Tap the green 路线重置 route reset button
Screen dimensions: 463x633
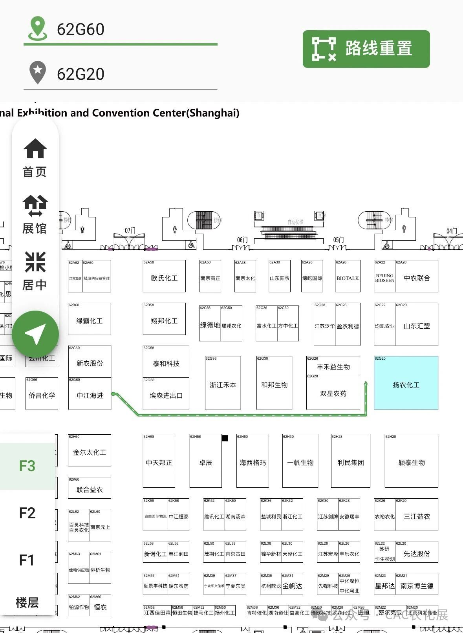click(x=366, y=49)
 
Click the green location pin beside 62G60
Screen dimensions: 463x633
click(x=38, y=28)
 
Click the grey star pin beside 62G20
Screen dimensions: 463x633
click(x=38, y=73)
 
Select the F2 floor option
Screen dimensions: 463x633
click(x=27, y=513)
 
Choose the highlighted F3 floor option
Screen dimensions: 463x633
click(x=27, y=466)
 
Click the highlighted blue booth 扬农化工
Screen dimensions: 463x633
click(x=406, y=383)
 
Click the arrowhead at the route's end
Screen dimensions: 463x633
click(x=366, y=383)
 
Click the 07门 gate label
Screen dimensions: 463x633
click(x=130, y=231)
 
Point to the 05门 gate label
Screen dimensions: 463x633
click(x=338, y=240)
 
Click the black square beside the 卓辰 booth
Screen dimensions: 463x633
click(x=225, y=438)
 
